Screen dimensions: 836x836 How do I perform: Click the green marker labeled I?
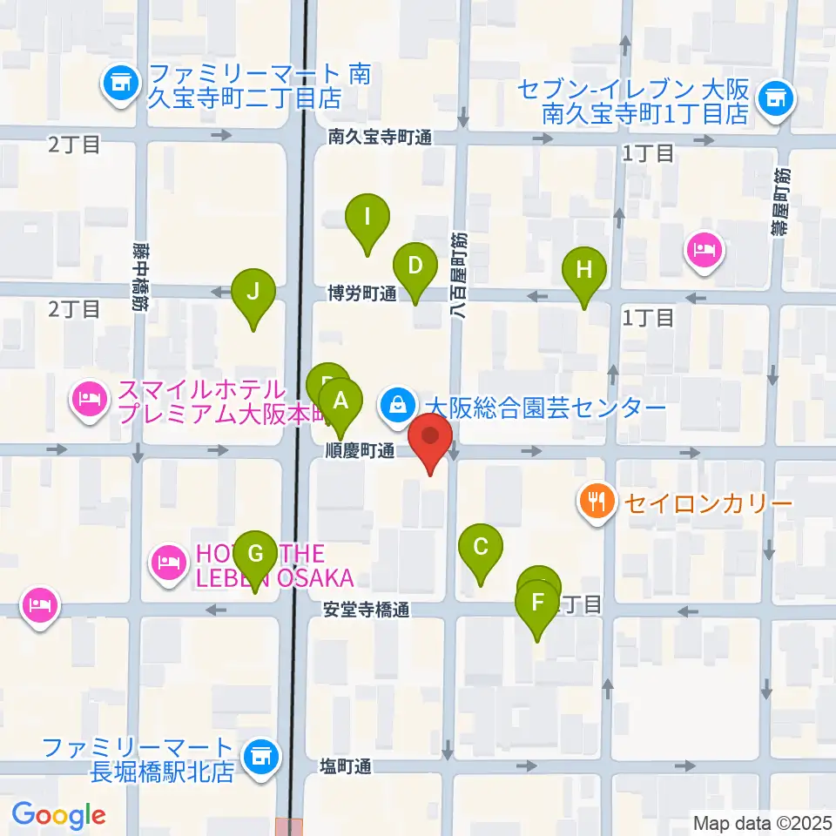367,217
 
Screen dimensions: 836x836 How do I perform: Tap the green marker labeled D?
415,266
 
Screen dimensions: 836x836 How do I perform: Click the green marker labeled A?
341,402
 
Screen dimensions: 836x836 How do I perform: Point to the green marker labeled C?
480,548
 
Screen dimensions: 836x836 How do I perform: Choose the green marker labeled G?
255,553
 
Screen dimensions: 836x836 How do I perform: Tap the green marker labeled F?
537,603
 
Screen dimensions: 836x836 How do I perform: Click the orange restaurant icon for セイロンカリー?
597,502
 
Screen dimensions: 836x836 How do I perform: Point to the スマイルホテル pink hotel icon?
91,400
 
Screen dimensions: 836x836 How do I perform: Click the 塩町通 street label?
346,766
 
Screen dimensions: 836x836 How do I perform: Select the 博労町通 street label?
361,294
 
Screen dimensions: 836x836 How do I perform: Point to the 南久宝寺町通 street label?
381,137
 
